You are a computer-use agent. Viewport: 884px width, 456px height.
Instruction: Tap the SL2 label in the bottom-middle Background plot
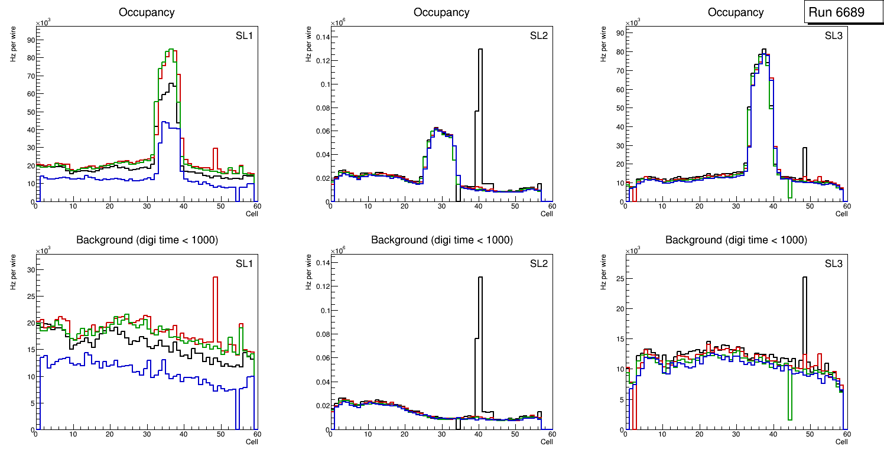tap(539, 263)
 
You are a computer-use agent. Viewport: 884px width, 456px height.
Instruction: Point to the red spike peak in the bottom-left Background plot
tap(216, 277)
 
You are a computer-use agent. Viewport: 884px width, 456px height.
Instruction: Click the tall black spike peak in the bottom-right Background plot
tap(804, 277)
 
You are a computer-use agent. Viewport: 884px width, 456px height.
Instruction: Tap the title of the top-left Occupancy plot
tap(147, 12)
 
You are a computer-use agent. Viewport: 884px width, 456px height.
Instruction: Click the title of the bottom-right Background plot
tap(736, 240)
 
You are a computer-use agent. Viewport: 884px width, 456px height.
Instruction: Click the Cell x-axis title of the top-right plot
tap(841, 214)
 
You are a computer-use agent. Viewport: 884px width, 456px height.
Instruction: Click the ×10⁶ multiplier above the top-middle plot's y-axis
tap(337, 22)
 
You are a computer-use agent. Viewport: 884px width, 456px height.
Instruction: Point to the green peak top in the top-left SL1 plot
tap(171, 50)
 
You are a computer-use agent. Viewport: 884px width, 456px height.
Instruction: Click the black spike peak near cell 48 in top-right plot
tap(804, 148)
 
